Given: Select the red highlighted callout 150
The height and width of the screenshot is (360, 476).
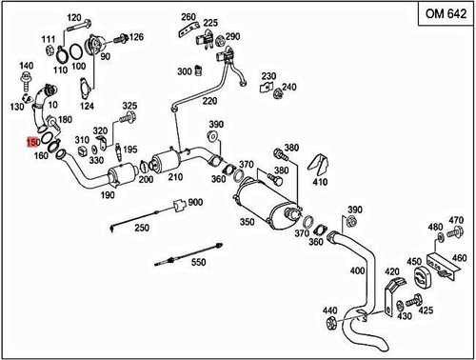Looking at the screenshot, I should (33, 142).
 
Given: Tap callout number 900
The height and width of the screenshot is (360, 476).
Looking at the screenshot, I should (196, 202).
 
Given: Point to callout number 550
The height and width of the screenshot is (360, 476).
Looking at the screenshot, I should (198, 261).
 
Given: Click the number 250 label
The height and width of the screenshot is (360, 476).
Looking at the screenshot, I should (141, 229).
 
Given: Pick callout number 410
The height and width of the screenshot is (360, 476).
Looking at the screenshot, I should (320, 182).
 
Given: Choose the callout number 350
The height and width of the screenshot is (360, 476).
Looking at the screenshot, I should (247, 221).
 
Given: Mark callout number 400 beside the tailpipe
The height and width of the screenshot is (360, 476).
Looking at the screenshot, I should (357, 270).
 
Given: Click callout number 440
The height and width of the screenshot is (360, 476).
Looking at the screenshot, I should (329, 310).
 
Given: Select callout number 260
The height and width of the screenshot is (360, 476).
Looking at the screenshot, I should (188, 17).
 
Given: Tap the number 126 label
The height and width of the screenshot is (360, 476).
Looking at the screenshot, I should (136, 38).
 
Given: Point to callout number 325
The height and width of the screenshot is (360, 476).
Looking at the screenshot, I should (129, 106).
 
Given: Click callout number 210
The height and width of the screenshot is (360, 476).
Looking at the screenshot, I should (175, 178).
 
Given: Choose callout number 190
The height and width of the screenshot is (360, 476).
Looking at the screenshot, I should (108, 195).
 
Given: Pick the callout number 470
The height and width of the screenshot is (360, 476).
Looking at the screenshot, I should (456, 220).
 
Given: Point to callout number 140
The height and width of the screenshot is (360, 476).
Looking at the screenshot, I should (26, 66).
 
